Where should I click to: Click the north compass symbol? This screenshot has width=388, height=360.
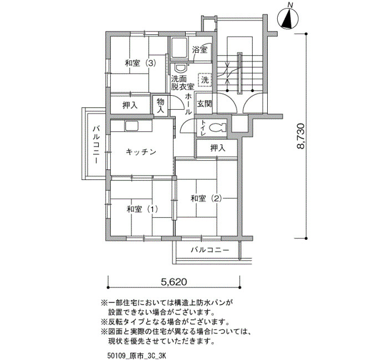[288, 18]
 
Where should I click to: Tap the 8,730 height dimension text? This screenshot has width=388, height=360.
[300, 136]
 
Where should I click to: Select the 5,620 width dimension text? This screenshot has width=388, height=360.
[174, 282]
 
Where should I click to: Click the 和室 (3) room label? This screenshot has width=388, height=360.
[140, 63]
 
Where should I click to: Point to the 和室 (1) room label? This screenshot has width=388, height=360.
[142, 209]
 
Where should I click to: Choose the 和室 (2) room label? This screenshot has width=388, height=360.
[206, 198]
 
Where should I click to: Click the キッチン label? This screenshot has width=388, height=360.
[141, 152]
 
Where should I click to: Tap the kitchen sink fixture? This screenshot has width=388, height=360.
[132, 126]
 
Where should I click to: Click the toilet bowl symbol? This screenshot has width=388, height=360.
[217, 127]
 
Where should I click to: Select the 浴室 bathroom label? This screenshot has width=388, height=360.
[200, 50]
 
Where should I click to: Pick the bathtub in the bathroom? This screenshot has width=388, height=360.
[178, 49]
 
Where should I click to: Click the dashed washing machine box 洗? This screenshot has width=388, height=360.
[205, 80]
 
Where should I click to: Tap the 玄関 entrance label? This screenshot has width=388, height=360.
[205, 104]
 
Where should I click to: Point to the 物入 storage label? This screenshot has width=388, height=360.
[161, 105]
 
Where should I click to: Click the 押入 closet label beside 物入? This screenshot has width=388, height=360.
[130, 106]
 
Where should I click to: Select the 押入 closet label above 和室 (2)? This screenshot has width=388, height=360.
[218, 148]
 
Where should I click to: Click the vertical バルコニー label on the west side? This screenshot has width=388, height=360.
[96, 145]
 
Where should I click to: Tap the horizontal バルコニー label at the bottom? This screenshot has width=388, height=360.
[210, 250]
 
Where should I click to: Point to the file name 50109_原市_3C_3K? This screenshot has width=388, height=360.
[136, 356]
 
